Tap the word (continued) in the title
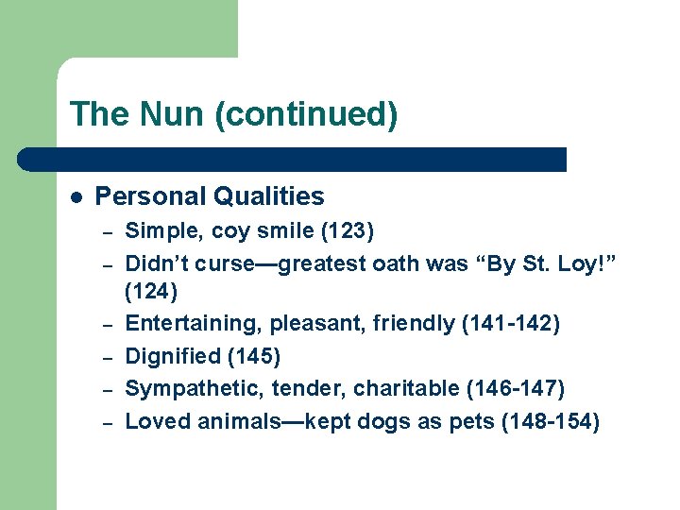(x=306, y=115)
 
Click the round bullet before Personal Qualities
(x=76, y=197)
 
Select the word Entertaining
(x=194, y=324)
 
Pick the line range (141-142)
(x=510, y=324)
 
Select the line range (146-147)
(x=515, y=388)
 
